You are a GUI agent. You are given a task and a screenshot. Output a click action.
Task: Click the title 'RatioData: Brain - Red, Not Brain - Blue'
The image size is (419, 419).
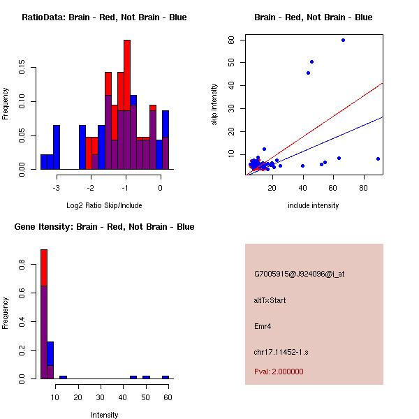click(x=104, y=17)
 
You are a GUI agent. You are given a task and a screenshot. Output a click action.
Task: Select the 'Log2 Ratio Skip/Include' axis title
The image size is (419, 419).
click(x=104, y=207)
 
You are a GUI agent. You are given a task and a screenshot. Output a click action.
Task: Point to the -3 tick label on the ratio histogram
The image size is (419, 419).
click(x=57, y=188)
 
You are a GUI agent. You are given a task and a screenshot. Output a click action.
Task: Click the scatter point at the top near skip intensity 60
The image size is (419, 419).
click(x=343, y=40)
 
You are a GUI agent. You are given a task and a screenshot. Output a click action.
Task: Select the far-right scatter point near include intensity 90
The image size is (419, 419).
click(x=378, y=159)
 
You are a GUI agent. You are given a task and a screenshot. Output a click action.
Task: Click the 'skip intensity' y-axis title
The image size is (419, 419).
click(x=216, y=105)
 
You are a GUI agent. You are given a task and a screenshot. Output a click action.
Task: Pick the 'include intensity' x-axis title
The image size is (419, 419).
click(x=313, y=205)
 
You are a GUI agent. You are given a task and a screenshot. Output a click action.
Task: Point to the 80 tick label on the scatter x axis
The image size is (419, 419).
click(x=364, y=188)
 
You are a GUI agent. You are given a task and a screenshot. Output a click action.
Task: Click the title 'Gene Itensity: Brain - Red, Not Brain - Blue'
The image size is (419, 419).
click(x=104, y=227)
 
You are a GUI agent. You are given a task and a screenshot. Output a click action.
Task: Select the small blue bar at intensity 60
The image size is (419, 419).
click(x=166, y=377)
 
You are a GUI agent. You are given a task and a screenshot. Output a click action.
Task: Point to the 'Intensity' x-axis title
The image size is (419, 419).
click(x=104, y=415)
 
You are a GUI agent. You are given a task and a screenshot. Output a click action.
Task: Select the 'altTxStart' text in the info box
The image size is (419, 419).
click(x=270, y=300)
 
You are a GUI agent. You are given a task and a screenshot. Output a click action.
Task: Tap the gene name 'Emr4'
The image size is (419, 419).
click(x=263, y=325)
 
